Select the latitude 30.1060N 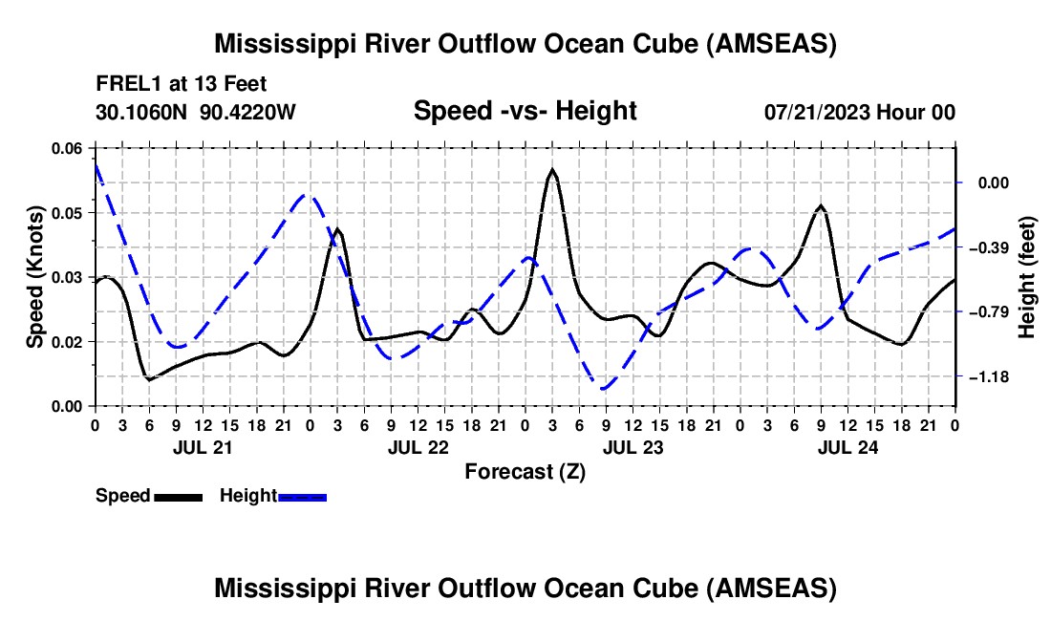tap(141, 112)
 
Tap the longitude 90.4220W tap(248, 112)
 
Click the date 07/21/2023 tap(818, 112)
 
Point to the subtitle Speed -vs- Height tap(525, 111)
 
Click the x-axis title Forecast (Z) tap(525, 471)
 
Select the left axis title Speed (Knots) tap(34, 277)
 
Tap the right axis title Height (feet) tap(1026, 277)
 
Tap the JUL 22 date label tap(418, 446)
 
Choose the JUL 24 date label tap(847, 446)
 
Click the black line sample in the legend tap(178, 496)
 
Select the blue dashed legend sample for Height tap(302, 496)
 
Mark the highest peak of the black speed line tap(552, 169)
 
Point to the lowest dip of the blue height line tap(603, 389)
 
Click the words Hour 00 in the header tap(922, 112)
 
